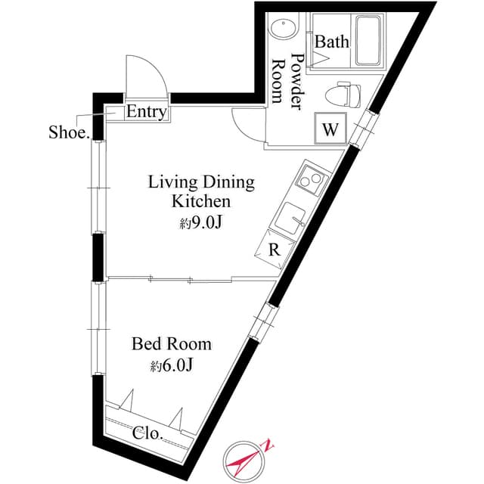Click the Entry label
[x=146, y=112]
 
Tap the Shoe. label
[x=70, y=132]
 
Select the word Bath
[x=331, y=41]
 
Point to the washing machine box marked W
[x=330, y=129]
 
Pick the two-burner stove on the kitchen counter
[x=308, y=180]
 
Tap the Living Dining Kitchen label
[x=200, y=191]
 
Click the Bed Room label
[x=172, y=344]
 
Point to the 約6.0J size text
[x=172, y=366]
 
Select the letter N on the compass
[x=268, y=447]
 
